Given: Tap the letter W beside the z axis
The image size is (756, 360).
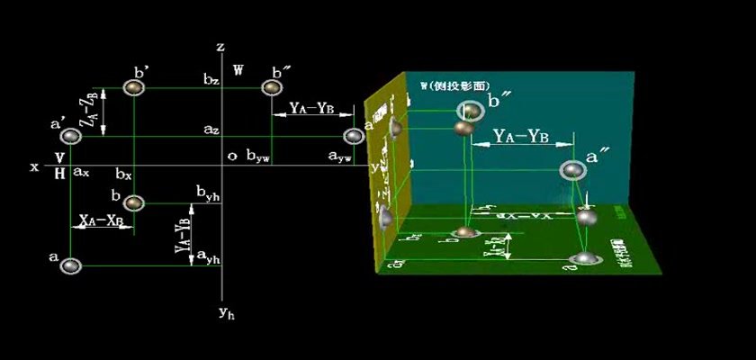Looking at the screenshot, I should (238, 69).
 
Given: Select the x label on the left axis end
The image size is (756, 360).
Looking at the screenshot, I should (33, 167).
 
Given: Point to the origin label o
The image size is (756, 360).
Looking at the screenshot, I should (232, 156).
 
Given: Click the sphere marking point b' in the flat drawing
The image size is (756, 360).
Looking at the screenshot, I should (134, 87).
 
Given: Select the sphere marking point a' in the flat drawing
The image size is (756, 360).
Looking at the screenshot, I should (70, 137).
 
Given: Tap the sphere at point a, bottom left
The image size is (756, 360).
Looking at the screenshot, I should (70, 265).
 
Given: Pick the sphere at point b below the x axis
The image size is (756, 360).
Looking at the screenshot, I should (134, 202).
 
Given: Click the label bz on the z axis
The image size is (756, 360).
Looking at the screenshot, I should (211, 81).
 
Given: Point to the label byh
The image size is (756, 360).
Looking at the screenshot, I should (208, 192).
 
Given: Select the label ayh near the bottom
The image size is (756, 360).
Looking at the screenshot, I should (208, 258).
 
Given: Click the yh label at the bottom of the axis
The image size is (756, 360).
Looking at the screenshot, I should (226, 313).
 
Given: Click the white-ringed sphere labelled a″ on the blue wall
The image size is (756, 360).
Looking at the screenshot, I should (572, 170).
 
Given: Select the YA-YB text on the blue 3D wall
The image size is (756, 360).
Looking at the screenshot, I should (522, 137).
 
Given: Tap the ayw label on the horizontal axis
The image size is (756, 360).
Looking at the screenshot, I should (339, 157).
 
